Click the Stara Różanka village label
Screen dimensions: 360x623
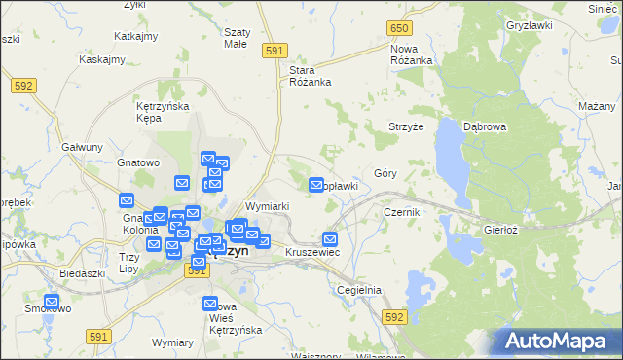pos(311,76)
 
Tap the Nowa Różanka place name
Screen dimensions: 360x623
pos(412,54)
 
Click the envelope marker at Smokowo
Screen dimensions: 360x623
pos(52,302)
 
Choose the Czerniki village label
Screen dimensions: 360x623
pos(402,211)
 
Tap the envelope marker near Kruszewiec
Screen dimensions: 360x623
pos(330,238)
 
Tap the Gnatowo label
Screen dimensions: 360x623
pos(137,163)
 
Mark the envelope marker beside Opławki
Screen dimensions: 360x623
pos(316,185)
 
